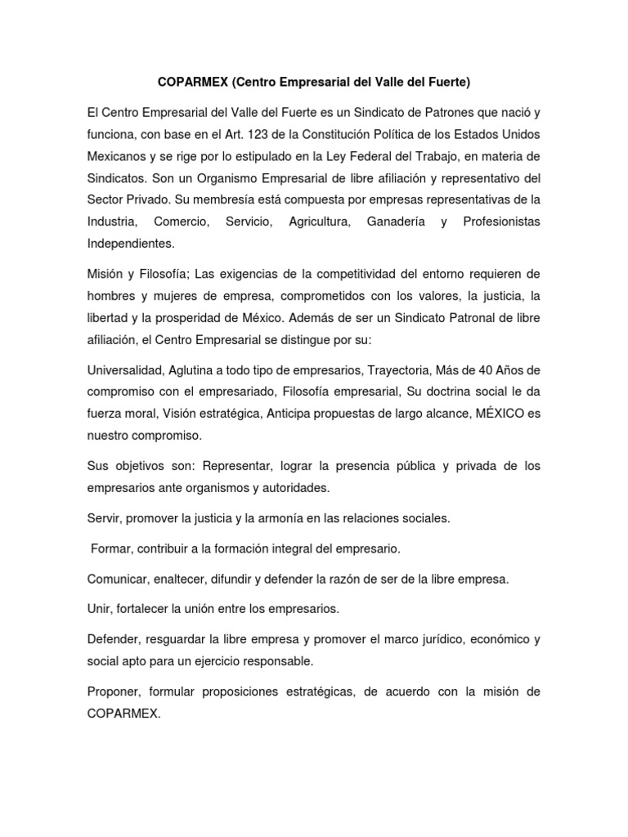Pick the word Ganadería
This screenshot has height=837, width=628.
(397, 222)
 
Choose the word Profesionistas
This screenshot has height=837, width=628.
(501, 222)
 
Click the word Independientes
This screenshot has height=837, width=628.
(130, 244)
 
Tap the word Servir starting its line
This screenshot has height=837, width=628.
(104, 517)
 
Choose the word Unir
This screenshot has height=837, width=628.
(99, 609)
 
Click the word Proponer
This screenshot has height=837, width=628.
(115, 692)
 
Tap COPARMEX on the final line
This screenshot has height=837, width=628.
(122, 714)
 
